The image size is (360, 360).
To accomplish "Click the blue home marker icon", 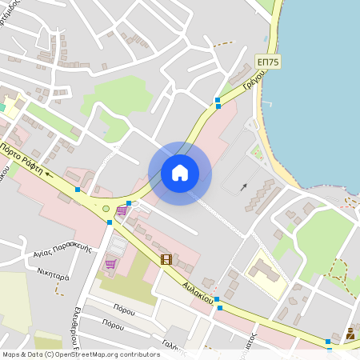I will pos(180,173).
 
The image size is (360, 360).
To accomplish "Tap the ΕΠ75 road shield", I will pos(266,62).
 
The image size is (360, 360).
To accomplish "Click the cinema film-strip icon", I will pos(166,259).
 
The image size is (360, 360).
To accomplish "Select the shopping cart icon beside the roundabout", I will pos(121,211).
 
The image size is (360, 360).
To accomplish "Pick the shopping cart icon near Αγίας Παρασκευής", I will pos(110,263).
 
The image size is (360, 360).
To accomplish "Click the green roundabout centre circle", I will pos(106,209).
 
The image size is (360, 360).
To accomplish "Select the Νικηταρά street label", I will pos(53,272).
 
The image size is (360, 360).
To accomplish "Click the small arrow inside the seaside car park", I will pos(243,186).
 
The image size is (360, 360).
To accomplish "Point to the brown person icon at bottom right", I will pos(350,334).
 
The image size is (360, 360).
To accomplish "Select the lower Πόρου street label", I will pos(113,325).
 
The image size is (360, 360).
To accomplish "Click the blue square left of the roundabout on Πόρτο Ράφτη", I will pos(78,190).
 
